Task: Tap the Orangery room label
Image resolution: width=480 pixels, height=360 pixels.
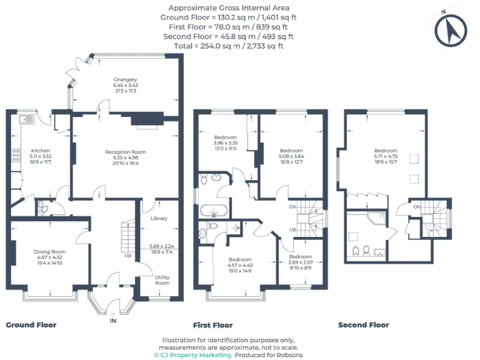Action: pyautogui.click(x=125, y=79)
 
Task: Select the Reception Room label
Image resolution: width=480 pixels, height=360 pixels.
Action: pyautogui.click(x=125, y=152)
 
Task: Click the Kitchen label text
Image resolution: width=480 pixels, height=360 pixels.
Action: pyautogui.click(x=41, y=151)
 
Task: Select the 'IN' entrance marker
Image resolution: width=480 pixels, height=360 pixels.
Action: pyautogui.click(x=113, y=321)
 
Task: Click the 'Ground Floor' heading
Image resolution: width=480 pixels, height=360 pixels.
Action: pyautogui.click(x=31, y=325)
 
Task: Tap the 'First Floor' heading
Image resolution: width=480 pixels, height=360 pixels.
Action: pyautogui.click(x=213, y=325)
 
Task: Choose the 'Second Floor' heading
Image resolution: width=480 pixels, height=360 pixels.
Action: pyautogui.click(x=363, y=325)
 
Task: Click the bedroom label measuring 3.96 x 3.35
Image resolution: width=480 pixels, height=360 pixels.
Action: pyautogui.click(x=225, y=137)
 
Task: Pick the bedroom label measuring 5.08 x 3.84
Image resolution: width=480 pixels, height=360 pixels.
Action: pyautogui.click(x=291, y=151)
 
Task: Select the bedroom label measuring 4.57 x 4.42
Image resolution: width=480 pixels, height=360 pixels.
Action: pyautogui.click(x=240, y=259)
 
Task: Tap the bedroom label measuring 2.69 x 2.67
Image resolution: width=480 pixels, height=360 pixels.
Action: pyautogui.click(x=301, y=257)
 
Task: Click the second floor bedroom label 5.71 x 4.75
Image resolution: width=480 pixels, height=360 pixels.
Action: pyautogui.click(x=386, y=151)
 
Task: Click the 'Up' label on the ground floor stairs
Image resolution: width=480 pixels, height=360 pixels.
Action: pyautogui.click(x=128, y=255)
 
